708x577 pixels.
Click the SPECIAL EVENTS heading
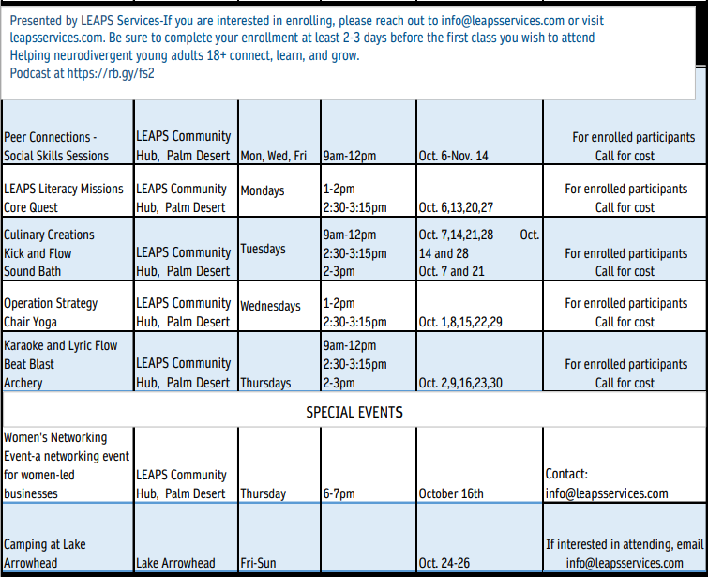(354, 412)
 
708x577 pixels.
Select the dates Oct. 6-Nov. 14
(454, 156)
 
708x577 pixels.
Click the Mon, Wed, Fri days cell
(274, 156)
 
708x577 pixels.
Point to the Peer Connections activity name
(51, 137)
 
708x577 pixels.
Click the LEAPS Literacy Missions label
(64, 189)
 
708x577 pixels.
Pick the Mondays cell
(263, 190)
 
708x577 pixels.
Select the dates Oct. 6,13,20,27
(456, 207)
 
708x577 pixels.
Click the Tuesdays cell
(264, 249)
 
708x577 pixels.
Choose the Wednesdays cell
(270, 306)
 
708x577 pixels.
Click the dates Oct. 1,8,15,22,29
(460, 322)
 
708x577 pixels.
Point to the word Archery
(23, 383)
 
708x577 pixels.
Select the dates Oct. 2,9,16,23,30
(460, 383)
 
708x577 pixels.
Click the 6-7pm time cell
(339, 493)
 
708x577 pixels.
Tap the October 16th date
(451, 493)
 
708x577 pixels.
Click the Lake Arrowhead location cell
(175, 563)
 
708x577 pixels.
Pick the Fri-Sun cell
(259, 563)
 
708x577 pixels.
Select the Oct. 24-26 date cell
(444, 563)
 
